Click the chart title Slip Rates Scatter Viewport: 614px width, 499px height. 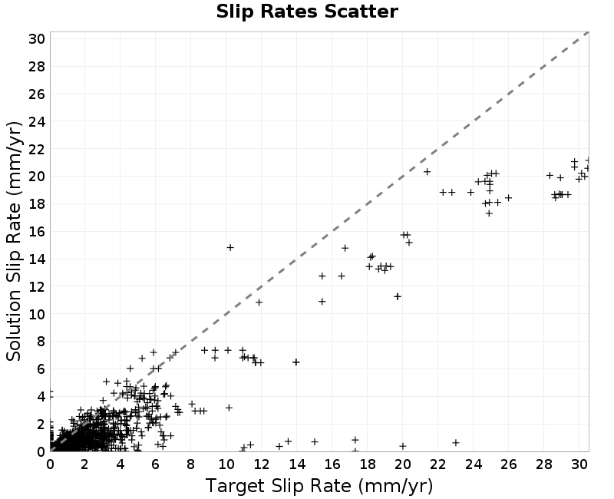click(x=307, y=12)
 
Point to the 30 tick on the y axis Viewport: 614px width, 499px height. click(x=37, y=39)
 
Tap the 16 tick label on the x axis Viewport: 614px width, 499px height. click(x=332, y=464)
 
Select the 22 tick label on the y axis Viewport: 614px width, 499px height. click(x=37, y=149)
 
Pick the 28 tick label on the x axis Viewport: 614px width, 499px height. click(x=543, y=464)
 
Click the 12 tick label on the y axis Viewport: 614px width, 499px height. click(x=37, y=286)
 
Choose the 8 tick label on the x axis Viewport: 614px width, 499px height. click(x=190, y=464)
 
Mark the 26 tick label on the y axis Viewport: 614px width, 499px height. click(x=37, y=94)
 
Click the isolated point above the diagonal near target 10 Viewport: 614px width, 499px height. click(x=230, y=247)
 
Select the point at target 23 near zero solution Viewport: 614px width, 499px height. click(x=455, y=443)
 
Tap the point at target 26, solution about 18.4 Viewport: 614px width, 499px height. click(x=508, y=198)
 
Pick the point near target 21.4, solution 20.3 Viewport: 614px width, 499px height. click(x=427, y=171)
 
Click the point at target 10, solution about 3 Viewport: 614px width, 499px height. click(x=229, y=408)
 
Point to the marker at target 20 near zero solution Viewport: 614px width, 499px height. click(x=402, y=446)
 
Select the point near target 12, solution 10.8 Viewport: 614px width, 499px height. click(x=259, y=302)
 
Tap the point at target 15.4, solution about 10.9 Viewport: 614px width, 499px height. click(x=322, y=301)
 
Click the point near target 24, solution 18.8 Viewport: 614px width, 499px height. click(x=470, y=193)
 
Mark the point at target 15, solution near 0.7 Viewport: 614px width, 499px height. click(x=315, y=442)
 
